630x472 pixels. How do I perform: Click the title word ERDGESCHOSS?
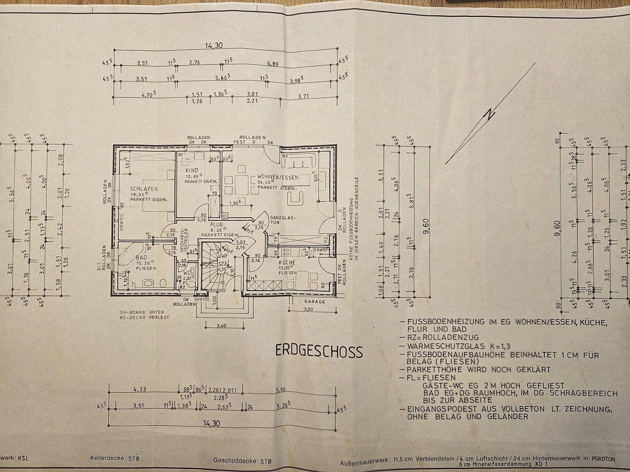point(319,351)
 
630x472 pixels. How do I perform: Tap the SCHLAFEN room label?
point(144,189)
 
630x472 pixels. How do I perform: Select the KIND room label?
point(192,170)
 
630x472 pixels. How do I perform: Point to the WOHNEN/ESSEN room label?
point(278,177)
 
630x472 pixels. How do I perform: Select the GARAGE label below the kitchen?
point(315,302)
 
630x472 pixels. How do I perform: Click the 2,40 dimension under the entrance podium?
point(222,325)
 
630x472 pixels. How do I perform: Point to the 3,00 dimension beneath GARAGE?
point(308,309)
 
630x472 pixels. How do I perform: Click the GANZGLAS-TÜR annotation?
point(283,220)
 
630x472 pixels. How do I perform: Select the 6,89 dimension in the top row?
point(279,64)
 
